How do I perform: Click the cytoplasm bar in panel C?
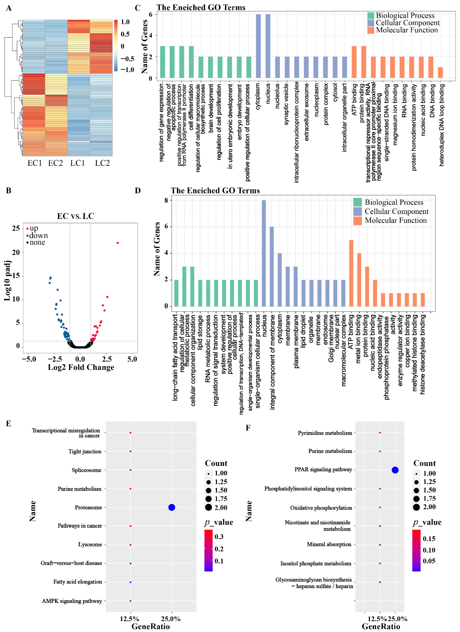(x=258, y=46)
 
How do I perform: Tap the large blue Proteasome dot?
(x=172, y=507)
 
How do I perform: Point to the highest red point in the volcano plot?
(x=118, y=243)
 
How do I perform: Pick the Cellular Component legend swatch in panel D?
(x=357, y=212)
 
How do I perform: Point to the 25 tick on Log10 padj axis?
(x=16, y=228)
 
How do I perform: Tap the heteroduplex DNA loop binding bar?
(x=440, y=73)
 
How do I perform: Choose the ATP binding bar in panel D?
(x=351, y=273)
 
